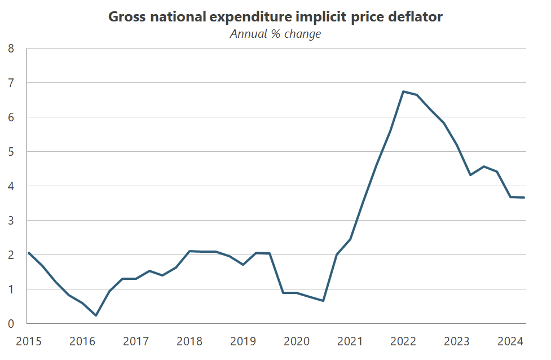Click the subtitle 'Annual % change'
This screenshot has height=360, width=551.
275,34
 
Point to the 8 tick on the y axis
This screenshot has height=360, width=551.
10,49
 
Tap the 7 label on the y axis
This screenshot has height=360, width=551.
10,83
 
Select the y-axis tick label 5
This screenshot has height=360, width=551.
10,152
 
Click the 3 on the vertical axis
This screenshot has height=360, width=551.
10,221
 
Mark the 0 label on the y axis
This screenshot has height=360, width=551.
10,324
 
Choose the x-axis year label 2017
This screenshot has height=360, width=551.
135,341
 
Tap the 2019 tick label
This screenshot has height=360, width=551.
243,341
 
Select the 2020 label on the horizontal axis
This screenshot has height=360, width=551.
297,341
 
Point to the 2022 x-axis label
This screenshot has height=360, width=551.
404,341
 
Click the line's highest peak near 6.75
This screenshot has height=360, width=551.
403,91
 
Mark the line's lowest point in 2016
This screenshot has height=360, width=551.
96,315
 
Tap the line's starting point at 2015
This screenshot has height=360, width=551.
28,253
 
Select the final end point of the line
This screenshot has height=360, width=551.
524,197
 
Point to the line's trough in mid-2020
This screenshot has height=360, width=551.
323,301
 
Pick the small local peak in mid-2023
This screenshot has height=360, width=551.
484,166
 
